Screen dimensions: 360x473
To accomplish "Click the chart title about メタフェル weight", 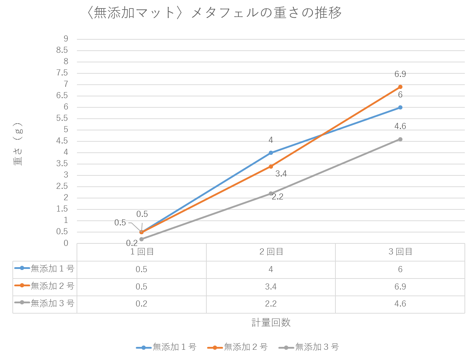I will pos(214,13).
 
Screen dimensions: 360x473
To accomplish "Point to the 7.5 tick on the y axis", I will pos(62,73).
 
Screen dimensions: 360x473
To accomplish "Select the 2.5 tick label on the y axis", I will pos(62,186).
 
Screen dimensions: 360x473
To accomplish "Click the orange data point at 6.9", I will pos(400,87).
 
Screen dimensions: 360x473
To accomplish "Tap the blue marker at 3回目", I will pos(400,107).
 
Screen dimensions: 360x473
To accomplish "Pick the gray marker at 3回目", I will pos(400,139).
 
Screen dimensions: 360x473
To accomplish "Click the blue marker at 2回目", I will pos(271,153).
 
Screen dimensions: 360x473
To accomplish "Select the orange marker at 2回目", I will pos(271,166).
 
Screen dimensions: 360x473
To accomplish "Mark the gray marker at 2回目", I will pos(271,193).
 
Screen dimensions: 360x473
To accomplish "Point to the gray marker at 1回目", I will pos(141,239).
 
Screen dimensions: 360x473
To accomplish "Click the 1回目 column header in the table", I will pos(141,252).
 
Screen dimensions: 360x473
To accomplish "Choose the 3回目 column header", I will pos(400,252).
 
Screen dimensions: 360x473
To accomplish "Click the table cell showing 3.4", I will pos(271,287).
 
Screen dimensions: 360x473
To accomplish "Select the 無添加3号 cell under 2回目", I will pos(271,304).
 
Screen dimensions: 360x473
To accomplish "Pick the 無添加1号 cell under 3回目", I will pos(400,269).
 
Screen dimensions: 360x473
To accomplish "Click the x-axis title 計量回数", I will pos(271,322).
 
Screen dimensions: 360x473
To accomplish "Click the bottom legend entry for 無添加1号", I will pos(167,347).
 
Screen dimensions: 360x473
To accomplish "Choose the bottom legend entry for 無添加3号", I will pos(309,347).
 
